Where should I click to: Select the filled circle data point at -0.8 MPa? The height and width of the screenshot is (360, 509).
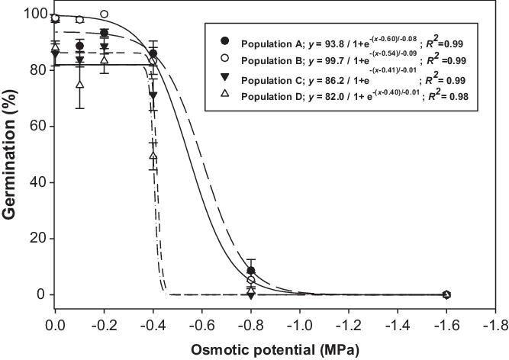[251, 271]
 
